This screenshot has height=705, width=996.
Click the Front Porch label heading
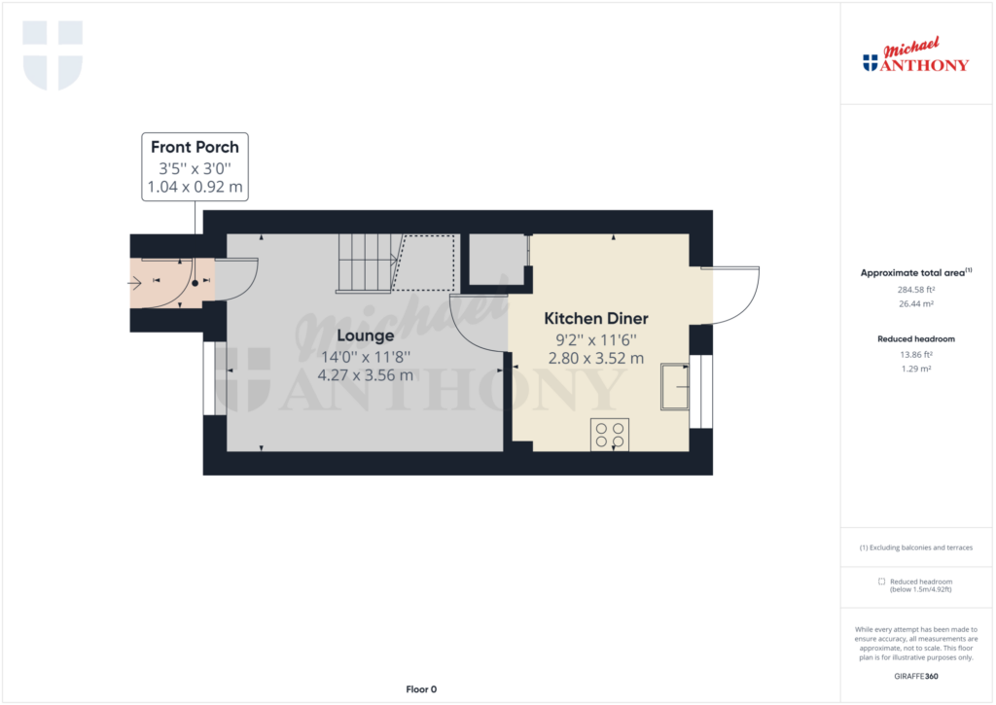point(195,148)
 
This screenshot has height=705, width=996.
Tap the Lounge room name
point(366,335)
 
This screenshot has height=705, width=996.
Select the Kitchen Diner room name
point(596,318)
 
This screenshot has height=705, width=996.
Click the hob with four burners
point(610,435)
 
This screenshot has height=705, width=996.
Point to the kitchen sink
point(675,386)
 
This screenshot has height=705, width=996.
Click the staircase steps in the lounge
point(367,264)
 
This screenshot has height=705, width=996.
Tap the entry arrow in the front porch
point(134,282)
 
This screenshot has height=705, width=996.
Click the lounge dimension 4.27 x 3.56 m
point(366,375)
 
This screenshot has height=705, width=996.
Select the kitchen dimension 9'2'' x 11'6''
point(596,339)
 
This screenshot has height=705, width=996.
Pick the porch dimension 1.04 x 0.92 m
point(195,187)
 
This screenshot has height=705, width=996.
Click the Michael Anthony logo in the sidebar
point(916,54)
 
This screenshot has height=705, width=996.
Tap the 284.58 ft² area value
point(916,290)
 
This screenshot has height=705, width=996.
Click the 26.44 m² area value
point(916,303)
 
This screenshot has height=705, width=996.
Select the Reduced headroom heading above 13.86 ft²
point(916,339)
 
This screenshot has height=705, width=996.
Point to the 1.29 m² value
point(916,369)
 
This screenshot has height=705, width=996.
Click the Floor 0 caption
point(421,689)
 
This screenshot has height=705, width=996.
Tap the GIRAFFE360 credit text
point(916,677)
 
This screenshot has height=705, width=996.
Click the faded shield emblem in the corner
point(53,55)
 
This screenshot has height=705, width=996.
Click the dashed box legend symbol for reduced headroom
point(881,582)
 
